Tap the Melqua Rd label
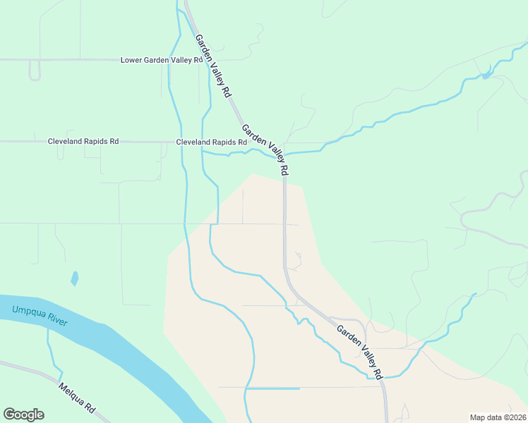pyautogui.click(x=77, y=398)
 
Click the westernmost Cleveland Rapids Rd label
pyautogui.click(x=83, y=141)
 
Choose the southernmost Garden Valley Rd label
pyautogui.click(x=359, y=351)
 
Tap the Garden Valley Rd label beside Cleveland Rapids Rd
pyautogui.click(x=265, y=150)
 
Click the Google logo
pyautogui.click(x=23, y=415)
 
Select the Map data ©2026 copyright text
pyautogui.click(x=498, y=417)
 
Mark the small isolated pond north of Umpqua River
pyautogui.click(x=74, y=278)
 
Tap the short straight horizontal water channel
pyautogui.click(x=273, y=388)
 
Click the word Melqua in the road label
pyautogui.click(x=71, y=393)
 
